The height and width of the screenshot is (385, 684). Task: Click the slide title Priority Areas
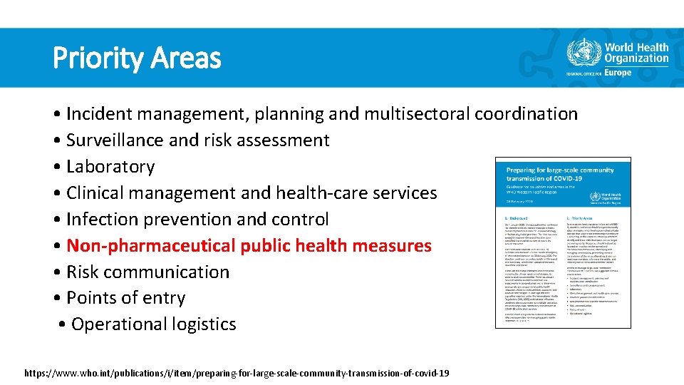click(x=137, y=58)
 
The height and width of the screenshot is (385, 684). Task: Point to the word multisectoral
click(x=414, y=114)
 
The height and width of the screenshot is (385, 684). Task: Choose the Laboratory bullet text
click(x=110, y=167)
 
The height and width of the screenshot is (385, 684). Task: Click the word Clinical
click(x=96, y=193)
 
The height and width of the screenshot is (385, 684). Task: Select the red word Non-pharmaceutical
click(x=150, y=246)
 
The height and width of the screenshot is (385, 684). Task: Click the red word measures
click(x=394, y=246)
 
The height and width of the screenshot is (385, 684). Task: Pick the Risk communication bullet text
click(x=147, y=272)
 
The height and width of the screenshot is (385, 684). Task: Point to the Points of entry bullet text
click(x=125, y=298)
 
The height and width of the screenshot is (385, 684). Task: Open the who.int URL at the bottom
click(x=237, y=373)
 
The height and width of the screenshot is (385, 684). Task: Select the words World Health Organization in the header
click(x=636, y=53)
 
